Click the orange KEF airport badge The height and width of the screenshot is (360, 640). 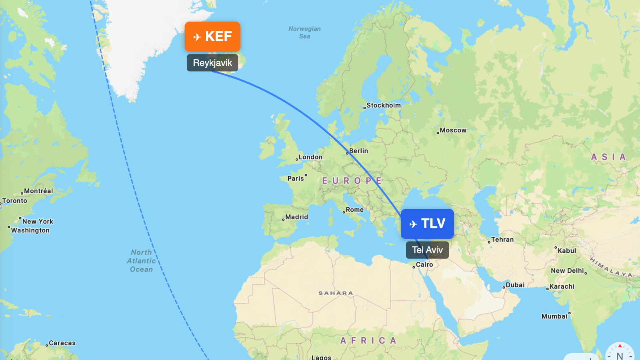(x=212, y=36)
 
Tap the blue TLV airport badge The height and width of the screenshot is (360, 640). (x=427, y=224)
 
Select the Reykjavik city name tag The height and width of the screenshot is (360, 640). (x=212, y=63)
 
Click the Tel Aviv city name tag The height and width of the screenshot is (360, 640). (x=427, y=250)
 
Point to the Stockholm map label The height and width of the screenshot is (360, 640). (x=383, y=105)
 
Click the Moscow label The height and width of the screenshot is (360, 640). (x=453, y=130)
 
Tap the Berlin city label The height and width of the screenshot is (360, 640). (x=358, y=151)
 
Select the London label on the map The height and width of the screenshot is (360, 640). (x=310, y=157)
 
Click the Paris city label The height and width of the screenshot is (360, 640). (x=296, y=178)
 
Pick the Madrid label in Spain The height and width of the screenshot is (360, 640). (x=296, y=217)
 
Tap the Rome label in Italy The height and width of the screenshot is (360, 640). (x=354, y=210)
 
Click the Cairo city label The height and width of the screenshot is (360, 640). (x=424, y=264)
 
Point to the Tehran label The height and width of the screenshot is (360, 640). (x=502, y=240)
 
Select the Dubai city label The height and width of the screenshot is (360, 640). (x=515, y=285)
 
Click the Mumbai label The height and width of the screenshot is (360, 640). (x=554, y=316)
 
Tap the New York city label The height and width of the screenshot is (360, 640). (x=38, y=222)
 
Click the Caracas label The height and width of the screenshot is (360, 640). (x=62, y=343)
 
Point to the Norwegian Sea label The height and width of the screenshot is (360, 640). (x=305, y=32)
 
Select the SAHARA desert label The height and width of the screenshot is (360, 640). (x=336, y=293)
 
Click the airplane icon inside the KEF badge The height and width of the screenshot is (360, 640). (x=197, y=37)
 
